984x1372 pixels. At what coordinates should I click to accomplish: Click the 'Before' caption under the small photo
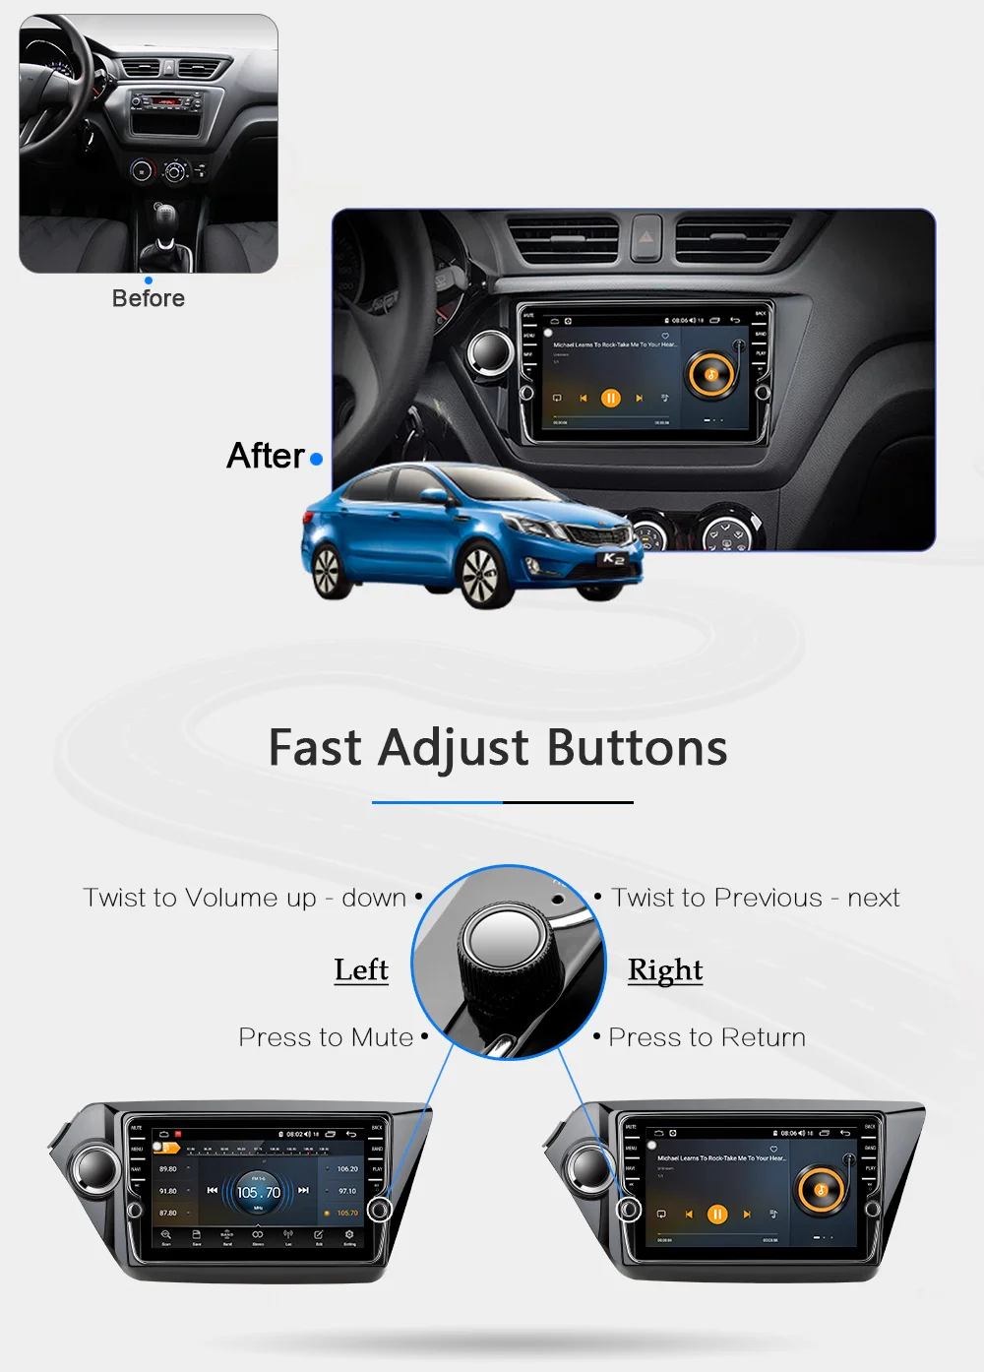pyautogui.click(x=148, y=298)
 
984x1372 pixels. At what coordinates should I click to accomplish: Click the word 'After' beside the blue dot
pyautogui.click(x=266, y=456)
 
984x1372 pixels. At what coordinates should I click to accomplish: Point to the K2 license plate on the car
pyautogui.click(x=613, y=559)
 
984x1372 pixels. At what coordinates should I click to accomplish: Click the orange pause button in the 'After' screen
pyautogui.click(x=611, y=398)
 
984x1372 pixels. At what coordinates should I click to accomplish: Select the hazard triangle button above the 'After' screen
pyautogui.click(x=646, y=237)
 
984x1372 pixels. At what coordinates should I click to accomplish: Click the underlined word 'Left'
pyautogui.click(x=361, y=969)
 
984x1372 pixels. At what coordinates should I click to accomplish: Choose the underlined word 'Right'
pyautogui.click(x=665, y=969)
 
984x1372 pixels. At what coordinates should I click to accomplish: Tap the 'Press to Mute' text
pyautogui.click(x=326, y=1037)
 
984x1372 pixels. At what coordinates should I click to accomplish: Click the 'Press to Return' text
pyautogui.click(x=707, y=1037)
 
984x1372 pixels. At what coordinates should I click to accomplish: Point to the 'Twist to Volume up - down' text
pyautogui.click(x=244, y=898)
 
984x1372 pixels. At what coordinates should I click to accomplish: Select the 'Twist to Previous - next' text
pyautogui.click(x=755, y=898)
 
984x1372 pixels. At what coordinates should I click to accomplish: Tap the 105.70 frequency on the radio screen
pyautogui.click(x=259, y=1192)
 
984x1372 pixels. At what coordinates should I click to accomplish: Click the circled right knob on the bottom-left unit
pyautogui.click(x=380, y=1209)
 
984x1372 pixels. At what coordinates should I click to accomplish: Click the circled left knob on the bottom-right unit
pyautogui.click(x=629, y=1209)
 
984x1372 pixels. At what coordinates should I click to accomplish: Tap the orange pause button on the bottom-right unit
pyautogui.click(x=718, y=1215)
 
